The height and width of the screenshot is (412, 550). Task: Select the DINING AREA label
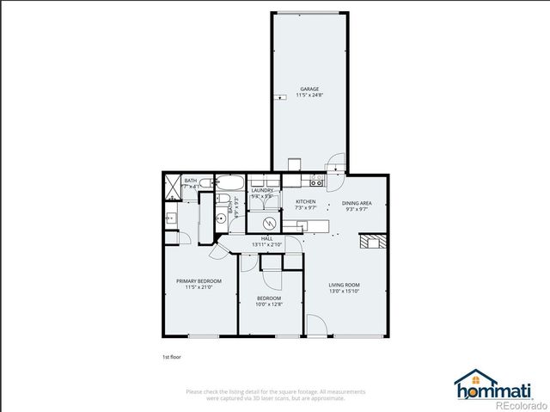[x=357, y=202]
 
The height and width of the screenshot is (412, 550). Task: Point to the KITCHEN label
[x=306, y=202]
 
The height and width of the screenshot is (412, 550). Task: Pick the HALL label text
[x=267, y=238]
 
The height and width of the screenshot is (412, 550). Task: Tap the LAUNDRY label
[x=262, y=190]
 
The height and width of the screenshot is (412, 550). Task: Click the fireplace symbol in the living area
[x=369, y=241]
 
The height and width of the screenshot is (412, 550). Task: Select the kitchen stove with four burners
[x=315, y=181]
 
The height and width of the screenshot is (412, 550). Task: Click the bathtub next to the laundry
[x=229, y=181]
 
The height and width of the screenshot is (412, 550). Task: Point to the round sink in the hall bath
[x=221, y=218]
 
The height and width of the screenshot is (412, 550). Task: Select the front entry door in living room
[x=315, y=326]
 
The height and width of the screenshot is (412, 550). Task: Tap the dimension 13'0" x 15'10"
[x=344, y=292]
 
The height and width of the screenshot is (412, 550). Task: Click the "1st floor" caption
[x=172, y=356]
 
